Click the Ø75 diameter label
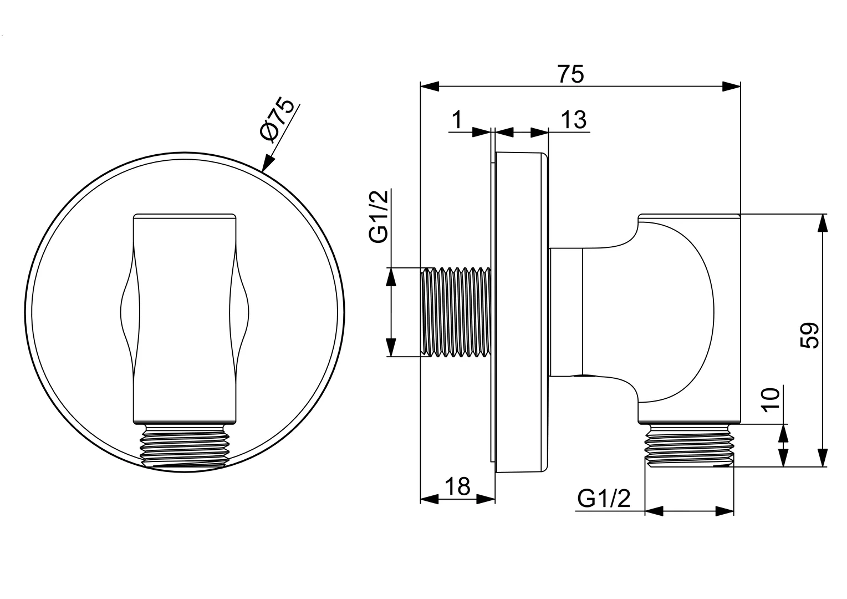click(277, 120)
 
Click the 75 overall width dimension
click(570, 74)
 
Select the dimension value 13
click(573, 120)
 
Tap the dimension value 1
click(457, 120)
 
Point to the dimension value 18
click(457, 486)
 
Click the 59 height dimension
click(809, 335)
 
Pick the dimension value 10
click(772, 400)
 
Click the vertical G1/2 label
click(379, 216)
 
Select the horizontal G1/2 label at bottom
click(604, 499)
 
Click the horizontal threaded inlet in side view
click(456, 312)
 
